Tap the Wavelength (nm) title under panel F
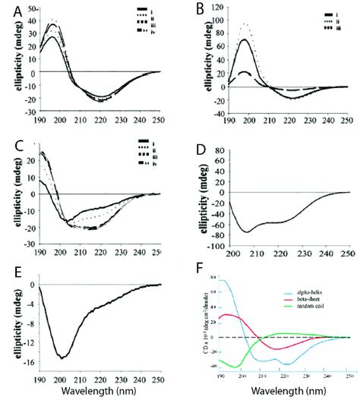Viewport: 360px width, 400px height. point(286,390)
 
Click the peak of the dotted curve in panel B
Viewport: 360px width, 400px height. point(226,24)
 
